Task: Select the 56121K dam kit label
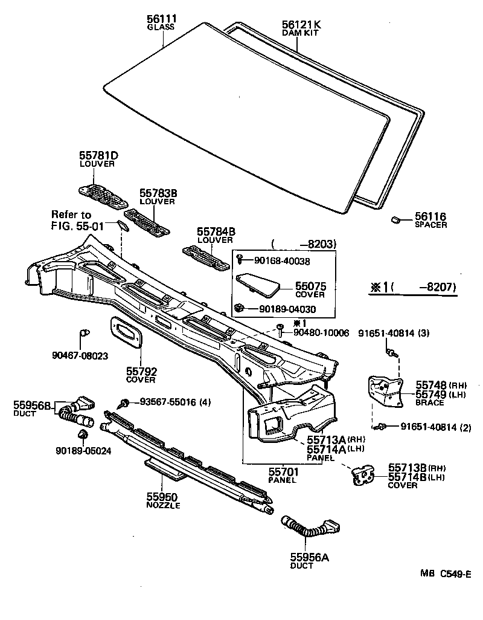point(301,25)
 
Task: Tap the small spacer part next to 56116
point(397,219)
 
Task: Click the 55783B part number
point(158,193)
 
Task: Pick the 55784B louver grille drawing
point(206,257)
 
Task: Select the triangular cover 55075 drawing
point(258,283)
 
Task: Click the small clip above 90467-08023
point(85,332)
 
